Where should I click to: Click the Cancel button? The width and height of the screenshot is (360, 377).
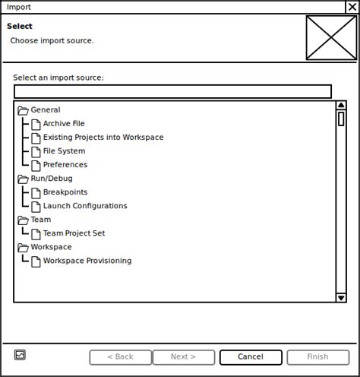coord(251,356)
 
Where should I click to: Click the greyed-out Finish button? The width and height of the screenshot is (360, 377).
coord(317,356)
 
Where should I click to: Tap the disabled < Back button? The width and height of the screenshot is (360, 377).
coord(120,356)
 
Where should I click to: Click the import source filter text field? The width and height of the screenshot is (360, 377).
coord(172,91)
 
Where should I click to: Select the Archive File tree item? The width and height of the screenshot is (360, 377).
coord(64,124)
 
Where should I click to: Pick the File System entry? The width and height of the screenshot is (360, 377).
coord(64,151)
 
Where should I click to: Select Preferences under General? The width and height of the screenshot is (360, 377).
coord(65,165)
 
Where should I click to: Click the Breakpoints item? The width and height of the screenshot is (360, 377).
coord(65,192)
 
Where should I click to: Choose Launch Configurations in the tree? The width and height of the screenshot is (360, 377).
coord(84,206)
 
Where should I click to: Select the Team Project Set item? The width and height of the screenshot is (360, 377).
coord(74,233)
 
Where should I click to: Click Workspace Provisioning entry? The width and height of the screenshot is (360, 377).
coord(87,261)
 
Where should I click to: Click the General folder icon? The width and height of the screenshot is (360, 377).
coord(23,110)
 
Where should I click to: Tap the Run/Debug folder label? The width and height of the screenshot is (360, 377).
coord(52,179)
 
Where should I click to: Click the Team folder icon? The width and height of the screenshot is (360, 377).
coord(23,220)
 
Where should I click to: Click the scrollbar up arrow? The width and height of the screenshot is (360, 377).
coord(341,106)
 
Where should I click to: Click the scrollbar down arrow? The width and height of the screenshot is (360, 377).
coord(341,297)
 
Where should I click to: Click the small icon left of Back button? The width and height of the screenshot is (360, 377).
coord(20,354)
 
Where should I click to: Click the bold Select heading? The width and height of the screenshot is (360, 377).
coord(20,27)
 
